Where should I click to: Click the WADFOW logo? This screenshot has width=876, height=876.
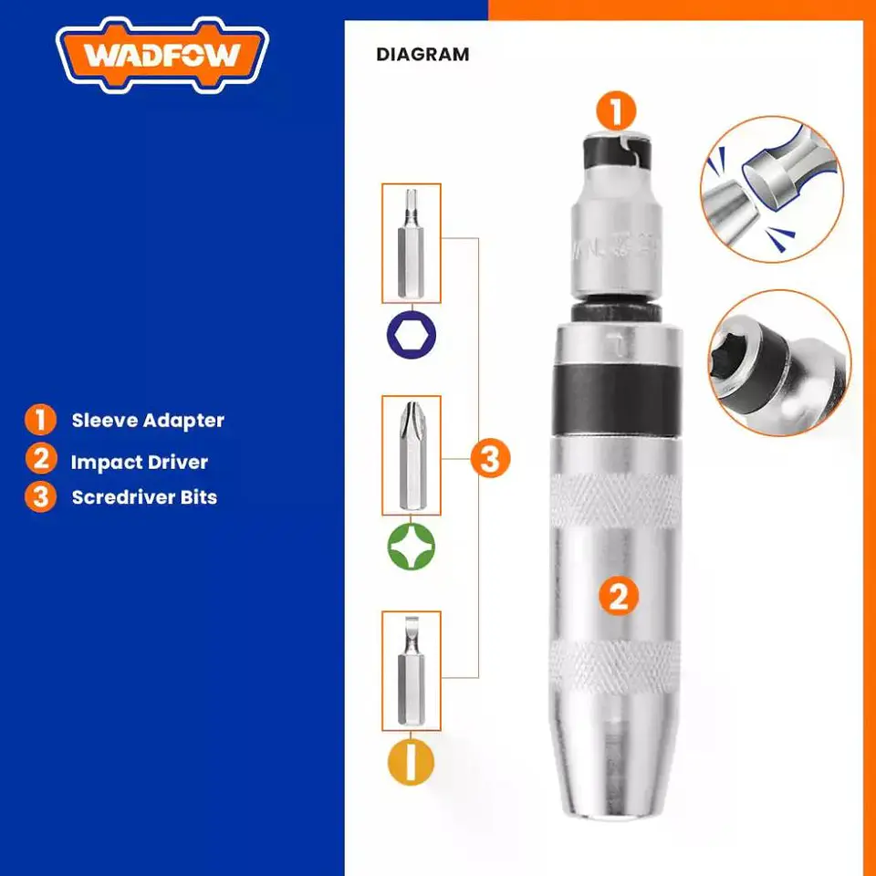162,55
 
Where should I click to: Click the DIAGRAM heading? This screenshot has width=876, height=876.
422,55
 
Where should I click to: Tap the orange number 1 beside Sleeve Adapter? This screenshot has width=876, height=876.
40,420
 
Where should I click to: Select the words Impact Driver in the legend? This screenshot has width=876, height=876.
139,462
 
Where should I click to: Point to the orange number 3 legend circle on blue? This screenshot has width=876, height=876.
40,496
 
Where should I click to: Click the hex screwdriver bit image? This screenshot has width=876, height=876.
412,244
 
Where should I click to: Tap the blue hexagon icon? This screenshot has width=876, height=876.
412,335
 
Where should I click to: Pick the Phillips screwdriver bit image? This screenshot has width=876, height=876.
412,455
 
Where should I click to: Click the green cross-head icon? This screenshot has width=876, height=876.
412,546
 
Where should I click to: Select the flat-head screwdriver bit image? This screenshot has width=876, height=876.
412,671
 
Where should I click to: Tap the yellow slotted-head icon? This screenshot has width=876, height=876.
412,761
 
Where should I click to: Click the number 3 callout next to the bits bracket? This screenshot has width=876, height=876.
490,459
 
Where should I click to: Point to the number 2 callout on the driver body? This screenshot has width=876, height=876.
619,596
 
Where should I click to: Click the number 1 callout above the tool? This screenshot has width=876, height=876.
616,111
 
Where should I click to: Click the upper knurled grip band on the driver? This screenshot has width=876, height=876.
616,501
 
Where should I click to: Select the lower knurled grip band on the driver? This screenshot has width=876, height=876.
616,666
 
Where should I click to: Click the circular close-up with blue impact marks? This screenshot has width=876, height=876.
772,189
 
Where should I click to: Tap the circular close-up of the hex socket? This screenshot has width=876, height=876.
779,362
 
